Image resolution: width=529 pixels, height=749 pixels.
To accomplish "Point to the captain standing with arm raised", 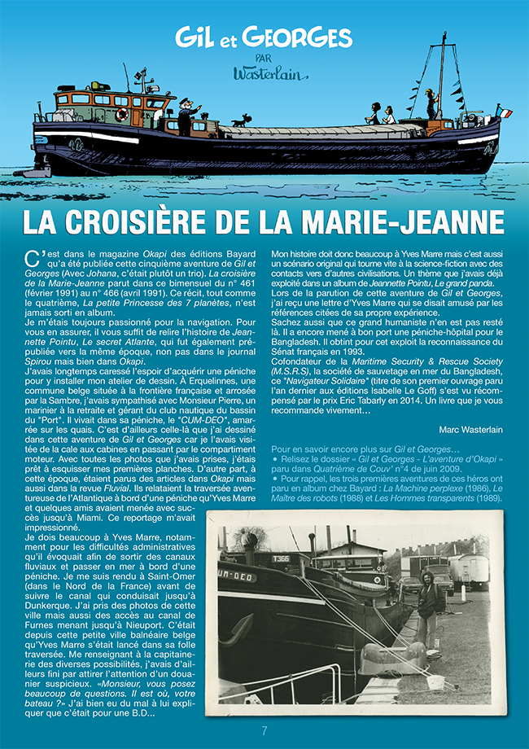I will pos(186,115).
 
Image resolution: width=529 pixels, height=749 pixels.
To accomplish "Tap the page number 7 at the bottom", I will pos(264,729).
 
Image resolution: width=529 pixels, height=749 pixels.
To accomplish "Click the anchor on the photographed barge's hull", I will pos(235,629).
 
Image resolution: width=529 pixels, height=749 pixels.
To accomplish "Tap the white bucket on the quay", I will pos(435,681).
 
